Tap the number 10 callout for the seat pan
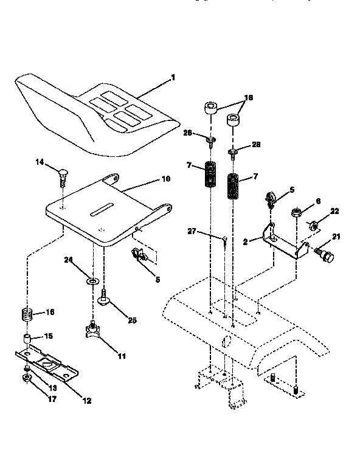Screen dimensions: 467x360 click(166, 179)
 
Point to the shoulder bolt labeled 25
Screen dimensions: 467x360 click(103, 300)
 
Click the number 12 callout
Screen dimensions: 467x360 click(87, 400)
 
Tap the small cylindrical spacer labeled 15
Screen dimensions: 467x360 click(28, 338)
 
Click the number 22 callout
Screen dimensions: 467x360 click(334, 211)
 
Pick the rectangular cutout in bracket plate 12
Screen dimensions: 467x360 click(46, 364)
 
